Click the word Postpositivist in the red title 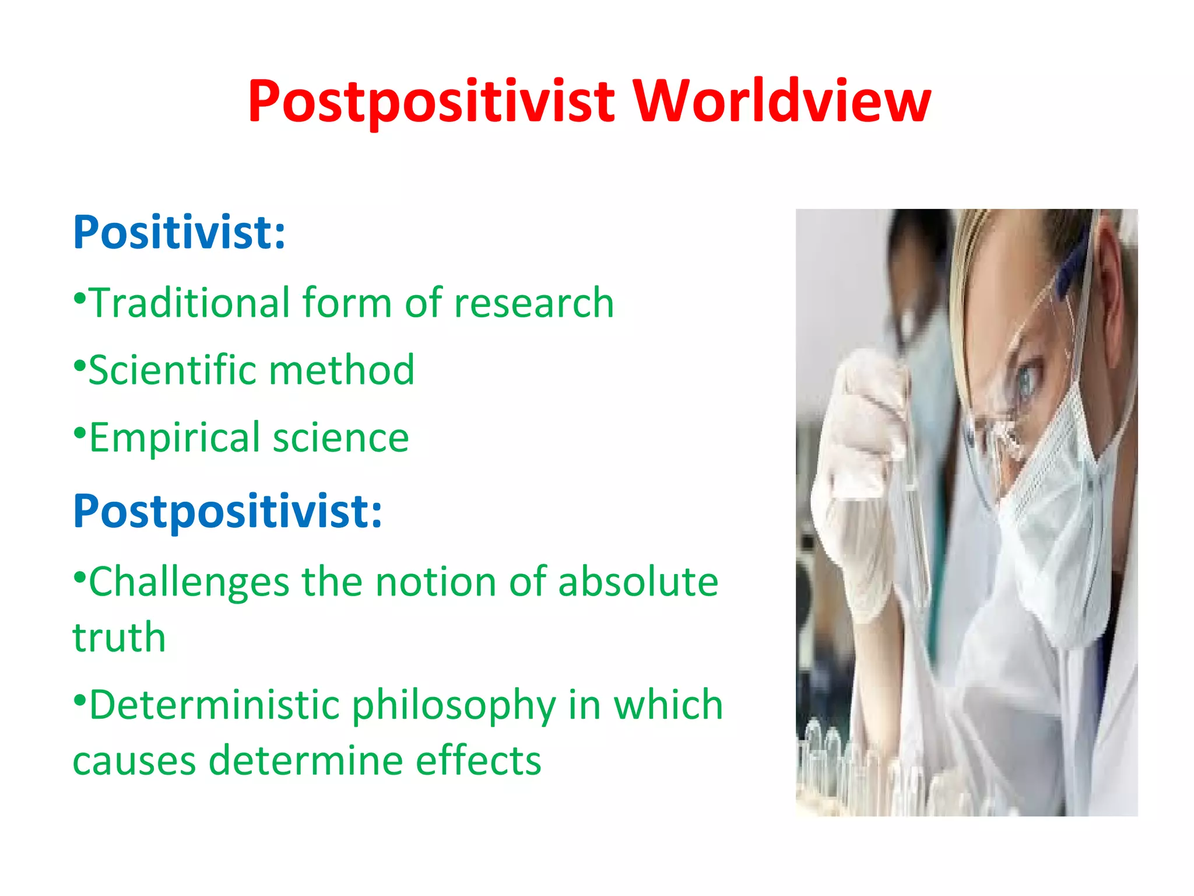pyautogui.click(x=431, y=102)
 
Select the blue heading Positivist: pyautogui.click(x=179, y=233)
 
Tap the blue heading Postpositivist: pyautogui.click(x=227, y=512)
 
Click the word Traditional pyautogui.click(x=189, y=303)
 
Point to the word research pyautogui.click(x=533, y=303)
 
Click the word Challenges pyautogui.click(x=189, y=582)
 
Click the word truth pyautogui.click(x=120, y=637)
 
